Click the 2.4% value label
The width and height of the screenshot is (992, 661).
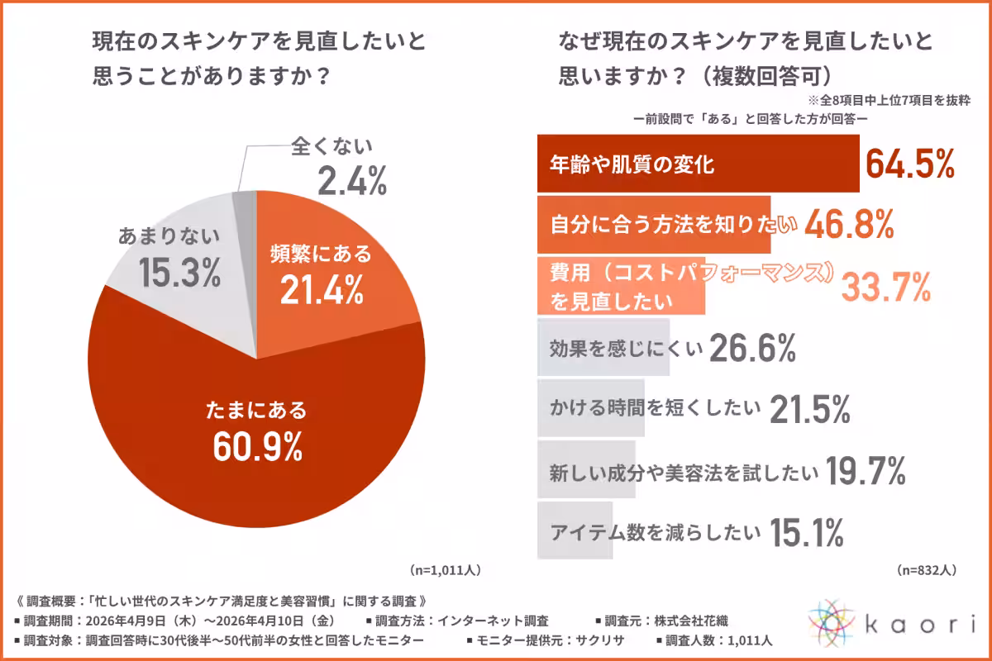pos(352,181)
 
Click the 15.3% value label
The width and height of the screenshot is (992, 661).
pos(179,273)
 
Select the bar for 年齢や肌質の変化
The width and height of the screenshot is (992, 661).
pos(699,164)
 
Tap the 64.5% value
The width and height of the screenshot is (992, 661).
pos(910,164)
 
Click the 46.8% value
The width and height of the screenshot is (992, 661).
pos(849,225)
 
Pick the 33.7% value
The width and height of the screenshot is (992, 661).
pos(885,287)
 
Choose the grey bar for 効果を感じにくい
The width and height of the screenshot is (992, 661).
pos(603,347)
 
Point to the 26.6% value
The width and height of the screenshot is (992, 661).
pos(752,348)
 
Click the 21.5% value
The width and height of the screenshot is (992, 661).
pos(810,409)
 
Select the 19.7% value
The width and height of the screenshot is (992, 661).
pos(866,471)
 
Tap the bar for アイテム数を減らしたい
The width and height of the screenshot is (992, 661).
pos(575,530)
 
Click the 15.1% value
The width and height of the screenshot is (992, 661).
pos(807,532)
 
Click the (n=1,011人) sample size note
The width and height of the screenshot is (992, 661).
pos(445,570)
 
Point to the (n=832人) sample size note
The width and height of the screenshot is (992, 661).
pos(927,570)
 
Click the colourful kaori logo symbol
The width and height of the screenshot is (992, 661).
pos(832,623)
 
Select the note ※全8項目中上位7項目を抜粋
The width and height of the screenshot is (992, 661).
pos(889,101)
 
